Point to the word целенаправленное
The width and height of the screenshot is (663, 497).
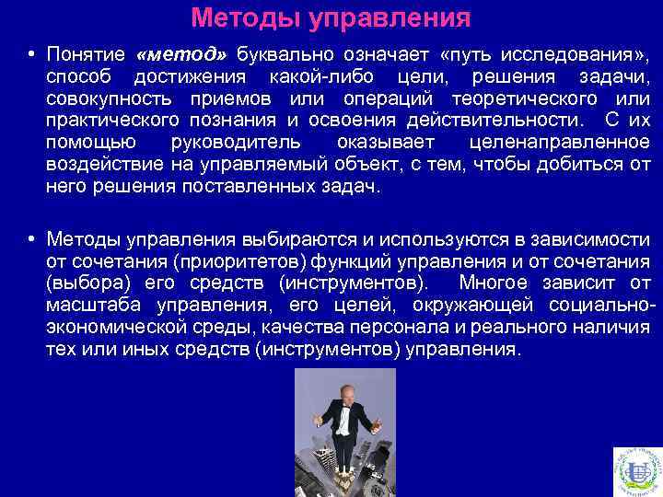[x=559, y=143]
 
